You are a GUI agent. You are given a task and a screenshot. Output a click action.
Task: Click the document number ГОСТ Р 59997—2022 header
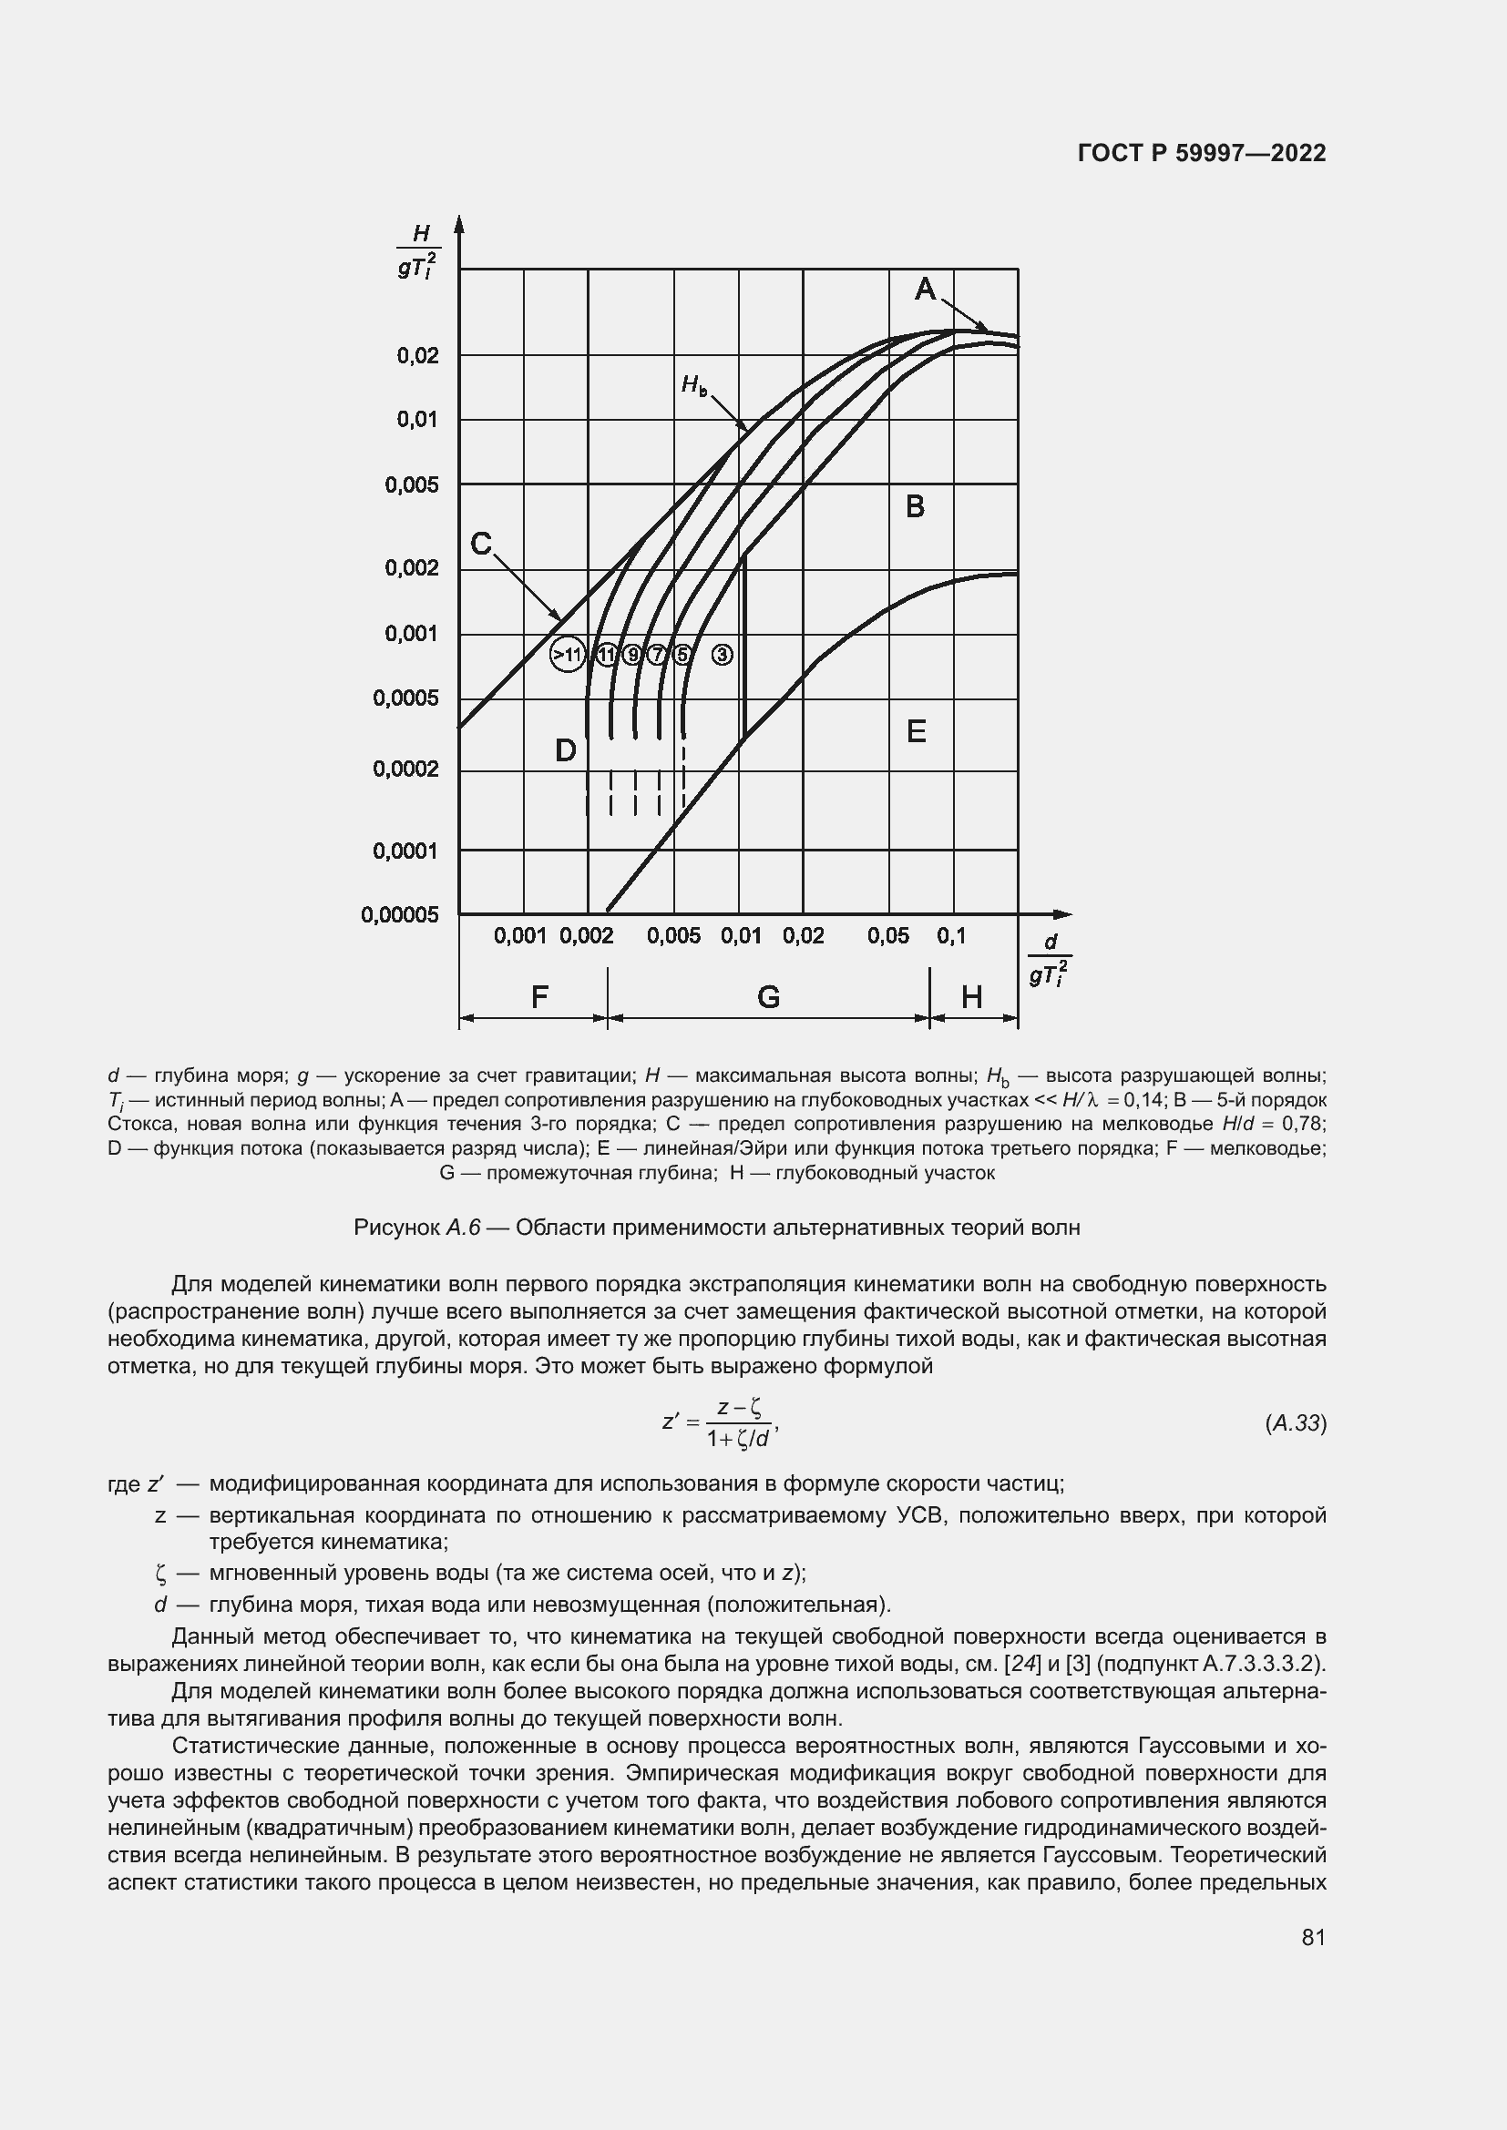[x=1202, y=153]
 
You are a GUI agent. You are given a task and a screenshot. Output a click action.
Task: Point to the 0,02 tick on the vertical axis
[x=417, y=355]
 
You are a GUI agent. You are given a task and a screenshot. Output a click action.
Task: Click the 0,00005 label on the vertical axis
[x=399, y=914]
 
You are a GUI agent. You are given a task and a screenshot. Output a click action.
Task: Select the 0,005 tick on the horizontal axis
[x=673, y=936]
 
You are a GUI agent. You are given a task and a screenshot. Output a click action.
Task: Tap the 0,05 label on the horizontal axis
[x=888, y=936]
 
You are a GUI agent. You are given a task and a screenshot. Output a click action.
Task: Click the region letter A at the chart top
[x=925, y=290]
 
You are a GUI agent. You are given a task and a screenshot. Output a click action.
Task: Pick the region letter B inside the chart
[x=915, y=506]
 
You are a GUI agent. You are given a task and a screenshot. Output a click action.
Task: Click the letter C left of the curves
[x=481, y=544]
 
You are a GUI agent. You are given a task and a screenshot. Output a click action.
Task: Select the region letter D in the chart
[x=565, y=750]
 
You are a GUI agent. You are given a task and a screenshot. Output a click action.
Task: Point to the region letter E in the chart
[x=916, y=732]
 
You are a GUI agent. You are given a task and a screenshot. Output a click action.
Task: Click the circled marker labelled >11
[x=566, y=655]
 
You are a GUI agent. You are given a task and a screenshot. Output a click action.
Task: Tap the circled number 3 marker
[x=722, y=655]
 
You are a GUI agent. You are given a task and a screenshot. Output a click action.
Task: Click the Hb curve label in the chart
[x=693, y=384]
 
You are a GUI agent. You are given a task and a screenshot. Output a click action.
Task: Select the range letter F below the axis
[x=539, y=997]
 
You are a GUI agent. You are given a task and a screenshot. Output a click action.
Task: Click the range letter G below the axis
[x=768, y=997]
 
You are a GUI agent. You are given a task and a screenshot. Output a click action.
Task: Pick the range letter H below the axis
[x=971, y=997]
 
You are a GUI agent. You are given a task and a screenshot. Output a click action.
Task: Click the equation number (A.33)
[x=1296, y=1423]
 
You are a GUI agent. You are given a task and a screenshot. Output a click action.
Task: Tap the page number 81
[x=1313, y=1937]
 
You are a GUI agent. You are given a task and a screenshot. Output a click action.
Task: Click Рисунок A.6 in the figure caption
[x=416, y=1228]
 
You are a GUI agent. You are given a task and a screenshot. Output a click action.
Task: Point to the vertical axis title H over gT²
[x=418, y=252]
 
